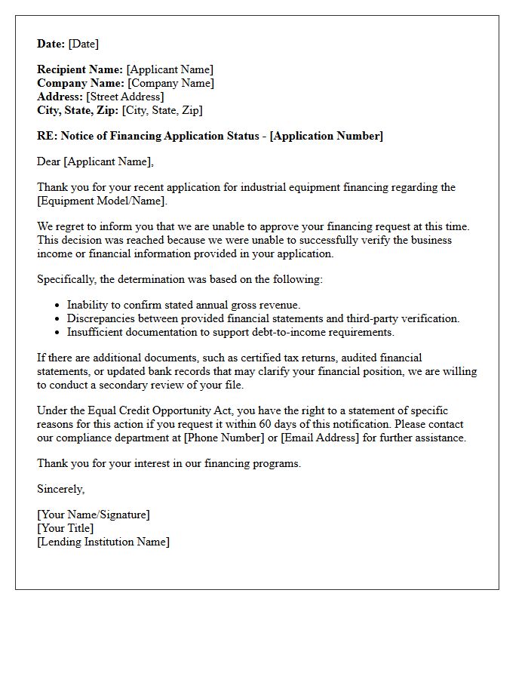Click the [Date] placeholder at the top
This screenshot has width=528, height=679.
pyautogui.click(x=84, y=44)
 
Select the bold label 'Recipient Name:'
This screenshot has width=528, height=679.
pyautogui.click(x=80, y=69)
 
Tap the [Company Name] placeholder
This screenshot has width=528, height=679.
pyautogui.click(x=170, y=83)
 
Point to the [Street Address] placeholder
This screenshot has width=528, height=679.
pyautogui.click(x=125, y=97)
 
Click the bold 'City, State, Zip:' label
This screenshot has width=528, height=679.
pyautogui.click(x=78, y=110)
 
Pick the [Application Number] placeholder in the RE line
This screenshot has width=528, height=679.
pyautogui.click(x=326, y=136)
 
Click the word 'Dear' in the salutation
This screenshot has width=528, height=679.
pyautogui.click(x=49, y=161)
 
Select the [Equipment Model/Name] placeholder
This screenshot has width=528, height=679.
pyautogui.click(x=102, y=201)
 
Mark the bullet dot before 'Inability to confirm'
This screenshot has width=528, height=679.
pyautogui.click(x=58, y=306)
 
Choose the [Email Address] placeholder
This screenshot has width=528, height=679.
pyautogui.click(x=321, y=438)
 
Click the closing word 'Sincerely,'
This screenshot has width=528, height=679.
pyautogui.click(x=61, y=489)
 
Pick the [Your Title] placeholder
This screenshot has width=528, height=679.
pyautogui.click(x=66, y=528)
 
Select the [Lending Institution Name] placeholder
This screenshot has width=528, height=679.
pyautogui.click(x=103, y=542)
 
